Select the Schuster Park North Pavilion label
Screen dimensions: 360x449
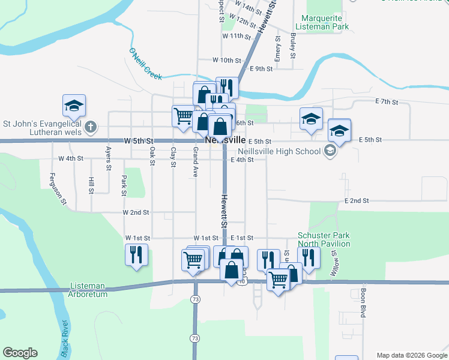[x=324, y=239]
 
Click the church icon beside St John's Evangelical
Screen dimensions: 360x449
[x=90, y=127]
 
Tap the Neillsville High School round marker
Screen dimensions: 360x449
[x=330, y=151]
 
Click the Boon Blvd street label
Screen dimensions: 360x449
[x=363, y=303]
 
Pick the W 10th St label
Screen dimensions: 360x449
[x=226, y=61]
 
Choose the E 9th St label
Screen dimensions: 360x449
[x=261, y=69]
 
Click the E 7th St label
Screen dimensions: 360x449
[x=386, y=102]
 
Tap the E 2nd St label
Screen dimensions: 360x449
[x=356, y=200]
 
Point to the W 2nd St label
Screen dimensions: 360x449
[x=135, y=212]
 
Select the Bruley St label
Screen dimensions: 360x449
[x=293, y=46]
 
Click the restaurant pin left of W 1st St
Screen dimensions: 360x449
[x=136, y=254]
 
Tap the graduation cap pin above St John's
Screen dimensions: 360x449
[x=74, y=106]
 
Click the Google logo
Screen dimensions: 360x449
[x=20, y=353]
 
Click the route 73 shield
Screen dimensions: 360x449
[x=195, y=299]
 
